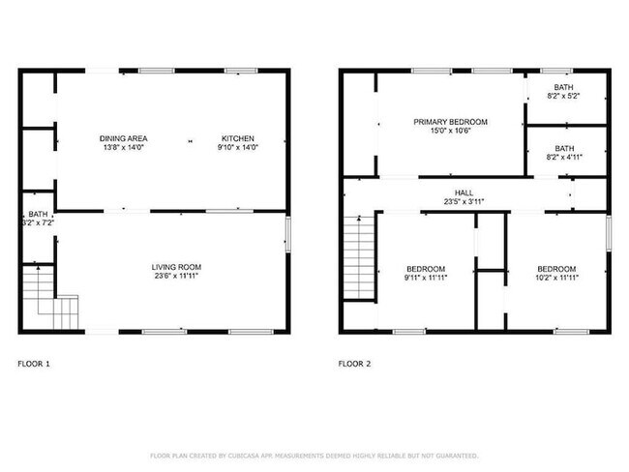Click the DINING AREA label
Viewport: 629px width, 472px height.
pos(122,138)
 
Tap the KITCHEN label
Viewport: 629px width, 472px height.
pos(238,138)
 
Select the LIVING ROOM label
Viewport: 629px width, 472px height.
pos(176,267)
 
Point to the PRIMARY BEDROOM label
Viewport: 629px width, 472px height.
pos(450,122)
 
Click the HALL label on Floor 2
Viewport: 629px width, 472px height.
pos(451,192)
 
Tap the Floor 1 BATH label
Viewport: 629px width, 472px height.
pos(38,214)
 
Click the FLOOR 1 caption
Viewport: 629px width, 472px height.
pos(34,365)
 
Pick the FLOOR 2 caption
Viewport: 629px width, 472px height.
pos(353,365)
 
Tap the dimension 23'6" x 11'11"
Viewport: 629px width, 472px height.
pos(176,277)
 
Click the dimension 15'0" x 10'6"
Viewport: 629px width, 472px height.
pos(450,132)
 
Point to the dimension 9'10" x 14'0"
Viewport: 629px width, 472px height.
pos(238,147)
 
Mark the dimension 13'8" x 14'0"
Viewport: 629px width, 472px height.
pos(122,147)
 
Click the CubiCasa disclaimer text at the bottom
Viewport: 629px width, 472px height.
pos(314,455)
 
